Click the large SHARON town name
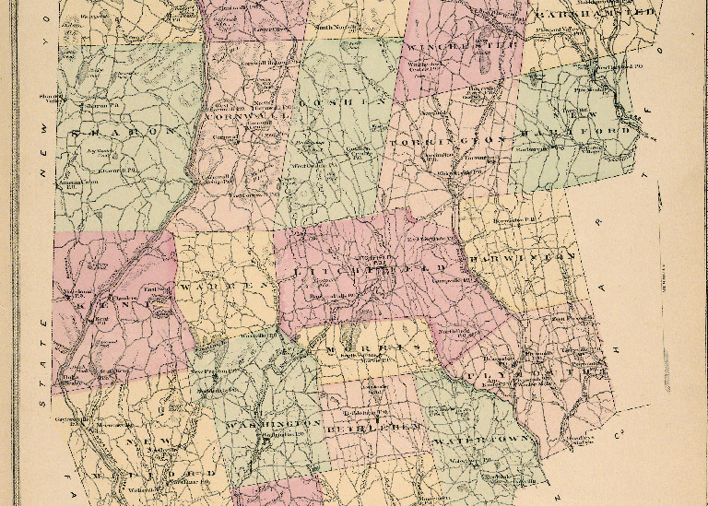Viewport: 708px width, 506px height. (x=122, y=132)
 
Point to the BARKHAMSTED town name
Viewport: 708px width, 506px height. (x=596, y=14)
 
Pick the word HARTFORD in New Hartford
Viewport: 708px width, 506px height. (x=599, y=131)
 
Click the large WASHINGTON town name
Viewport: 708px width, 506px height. (x=272, y=424)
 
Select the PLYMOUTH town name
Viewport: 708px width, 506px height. (x=498, y=376)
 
